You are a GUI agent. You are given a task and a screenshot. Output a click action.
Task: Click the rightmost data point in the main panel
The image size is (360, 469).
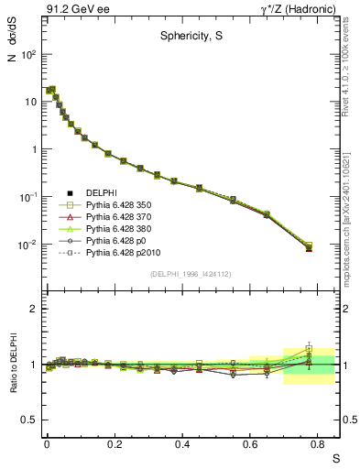(x=309, y=247)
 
